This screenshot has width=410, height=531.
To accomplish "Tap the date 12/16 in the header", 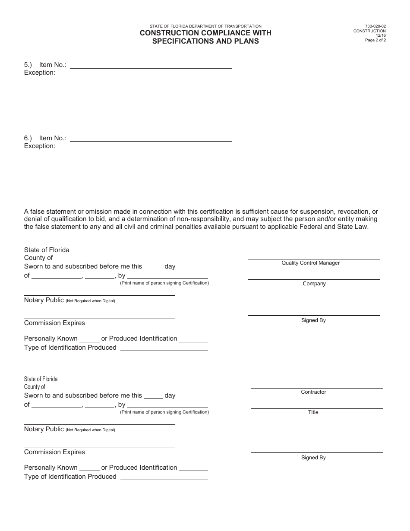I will [x=381, y=35].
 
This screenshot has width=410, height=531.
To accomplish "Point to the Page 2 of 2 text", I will [x=375, y=40].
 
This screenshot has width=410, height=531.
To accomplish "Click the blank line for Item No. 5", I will [x=151, y=68].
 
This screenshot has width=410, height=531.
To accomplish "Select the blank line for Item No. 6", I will [x=151, y=141].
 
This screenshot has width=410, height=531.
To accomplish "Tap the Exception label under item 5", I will [x=40, y=73].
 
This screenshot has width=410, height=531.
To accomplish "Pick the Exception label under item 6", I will [x=40, y=146].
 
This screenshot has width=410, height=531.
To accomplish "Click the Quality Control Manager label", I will [x=311, y=263].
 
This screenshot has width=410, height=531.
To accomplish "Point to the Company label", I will [x=314, y=284].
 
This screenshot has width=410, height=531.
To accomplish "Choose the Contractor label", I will [x=313, y=392].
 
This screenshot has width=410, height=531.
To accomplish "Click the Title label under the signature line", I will [x=313, y=412].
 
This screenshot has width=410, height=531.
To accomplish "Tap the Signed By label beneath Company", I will [x=313, y=320].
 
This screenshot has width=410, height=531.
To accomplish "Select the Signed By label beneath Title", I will [x=313, y=458].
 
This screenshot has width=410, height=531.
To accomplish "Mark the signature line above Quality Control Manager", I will [x=314, y=259].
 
